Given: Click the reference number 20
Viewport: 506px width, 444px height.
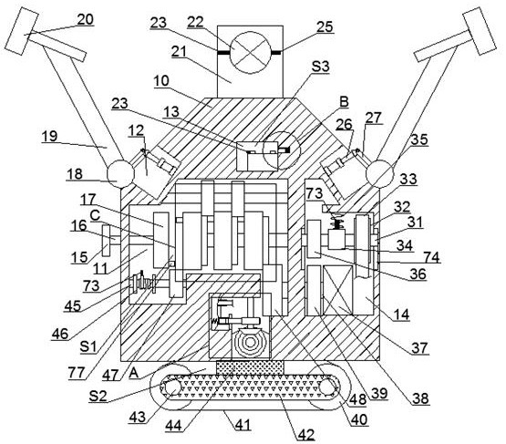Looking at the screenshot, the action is click(86, 20).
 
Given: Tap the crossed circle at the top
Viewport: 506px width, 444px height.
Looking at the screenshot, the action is click(251, 52).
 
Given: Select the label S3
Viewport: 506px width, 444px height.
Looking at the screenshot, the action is click(320, 67).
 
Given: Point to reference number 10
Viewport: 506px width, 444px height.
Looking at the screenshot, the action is click(161, 80).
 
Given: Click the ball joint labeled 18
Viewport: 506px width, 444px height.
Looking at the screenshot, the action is click(120, 174).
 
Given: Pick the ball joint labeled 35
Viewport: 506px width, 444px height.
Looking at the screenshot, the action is click(380, 174).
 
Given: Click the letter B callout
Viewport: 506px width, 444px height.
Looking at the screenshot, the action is click(345, 101).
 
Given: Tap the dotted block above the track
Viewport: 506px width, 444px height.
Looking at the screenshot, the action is click(250, 368).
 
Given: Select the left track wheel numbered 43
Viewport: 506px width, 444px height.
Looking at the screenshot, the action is click(172, 387).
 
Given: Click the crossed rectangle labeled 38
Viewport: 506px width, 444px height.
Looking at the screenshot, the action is click(337, 291).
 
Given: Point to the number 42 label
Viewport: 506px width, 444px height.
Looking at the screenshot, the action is click(306, 435).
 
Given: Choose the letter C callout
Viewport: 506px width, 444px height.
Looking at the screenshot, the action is click(95, 215).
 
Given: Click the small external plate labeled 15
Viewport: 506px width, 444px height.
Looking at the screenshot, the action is click(106, 241).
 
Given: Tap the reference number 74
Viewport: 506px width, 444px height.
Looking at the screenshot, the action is click(432, 257).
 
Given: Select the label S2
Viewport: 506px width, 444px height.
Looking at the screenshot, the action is click(98, 396).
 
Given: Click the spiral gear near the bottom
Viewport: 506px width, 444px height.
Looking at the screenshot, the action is click(250, 343).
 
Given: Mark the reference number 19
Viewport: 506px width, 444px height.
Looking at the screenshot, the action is click(50, 136).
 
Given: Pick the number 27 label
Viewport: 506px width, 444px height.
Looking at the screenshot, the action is click(374, 118).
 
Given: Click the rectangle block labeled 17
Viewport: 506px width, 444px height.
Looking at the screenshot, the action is click(161, 240).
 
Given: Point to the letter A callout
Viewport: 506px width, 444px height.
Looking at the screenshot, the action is click(134, 373).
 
